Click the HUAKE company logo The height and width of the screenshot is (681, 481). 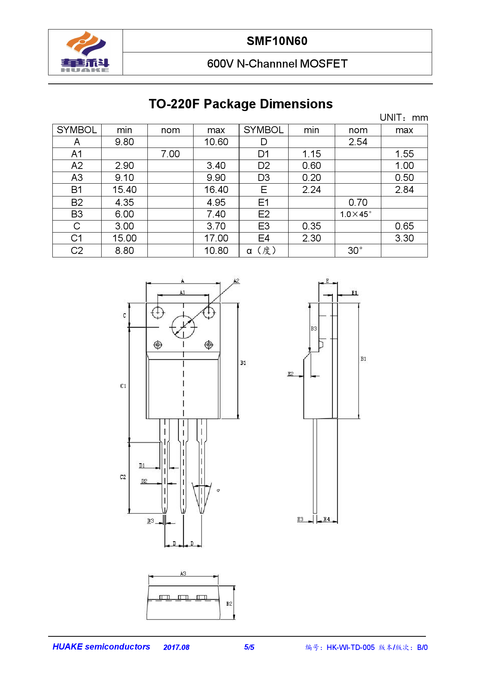85,52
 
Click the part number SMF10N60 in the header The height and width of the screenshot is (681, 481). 277,41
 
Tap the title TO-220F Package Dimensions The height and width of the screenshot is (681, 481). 240,104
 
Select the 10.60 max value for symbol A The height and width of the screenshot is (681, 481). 216,142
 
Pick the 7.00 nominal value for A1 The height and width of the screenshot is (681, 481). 170,154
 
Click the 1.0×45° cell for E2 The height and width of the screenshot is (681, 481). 356,214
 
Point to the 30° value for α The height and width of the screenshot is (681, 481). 355,250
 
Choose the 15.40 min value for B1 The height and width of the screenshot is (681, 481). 125,190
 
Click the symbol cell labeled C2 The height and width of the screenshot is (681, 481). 77,251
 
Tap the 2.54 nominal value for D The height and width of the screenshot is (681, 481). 358,142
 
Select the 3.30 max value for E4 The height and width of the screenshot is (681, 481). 404,238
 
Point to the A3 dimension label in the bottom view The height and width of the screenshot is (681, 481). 183,573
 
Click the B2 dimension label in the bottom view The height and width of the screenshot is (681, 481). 229,604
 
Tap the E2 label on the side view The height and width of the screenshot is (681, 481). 291,374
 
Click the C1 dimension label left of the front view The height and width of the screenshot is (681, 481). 123,386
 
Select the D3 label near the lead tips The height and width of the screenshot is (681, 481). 151,521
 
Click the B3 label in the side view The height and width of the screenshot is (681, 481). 314,328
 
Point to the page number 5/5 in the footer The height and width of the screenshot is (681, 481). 249,647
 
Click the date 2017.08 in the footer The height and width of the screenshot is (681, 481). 176,647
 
